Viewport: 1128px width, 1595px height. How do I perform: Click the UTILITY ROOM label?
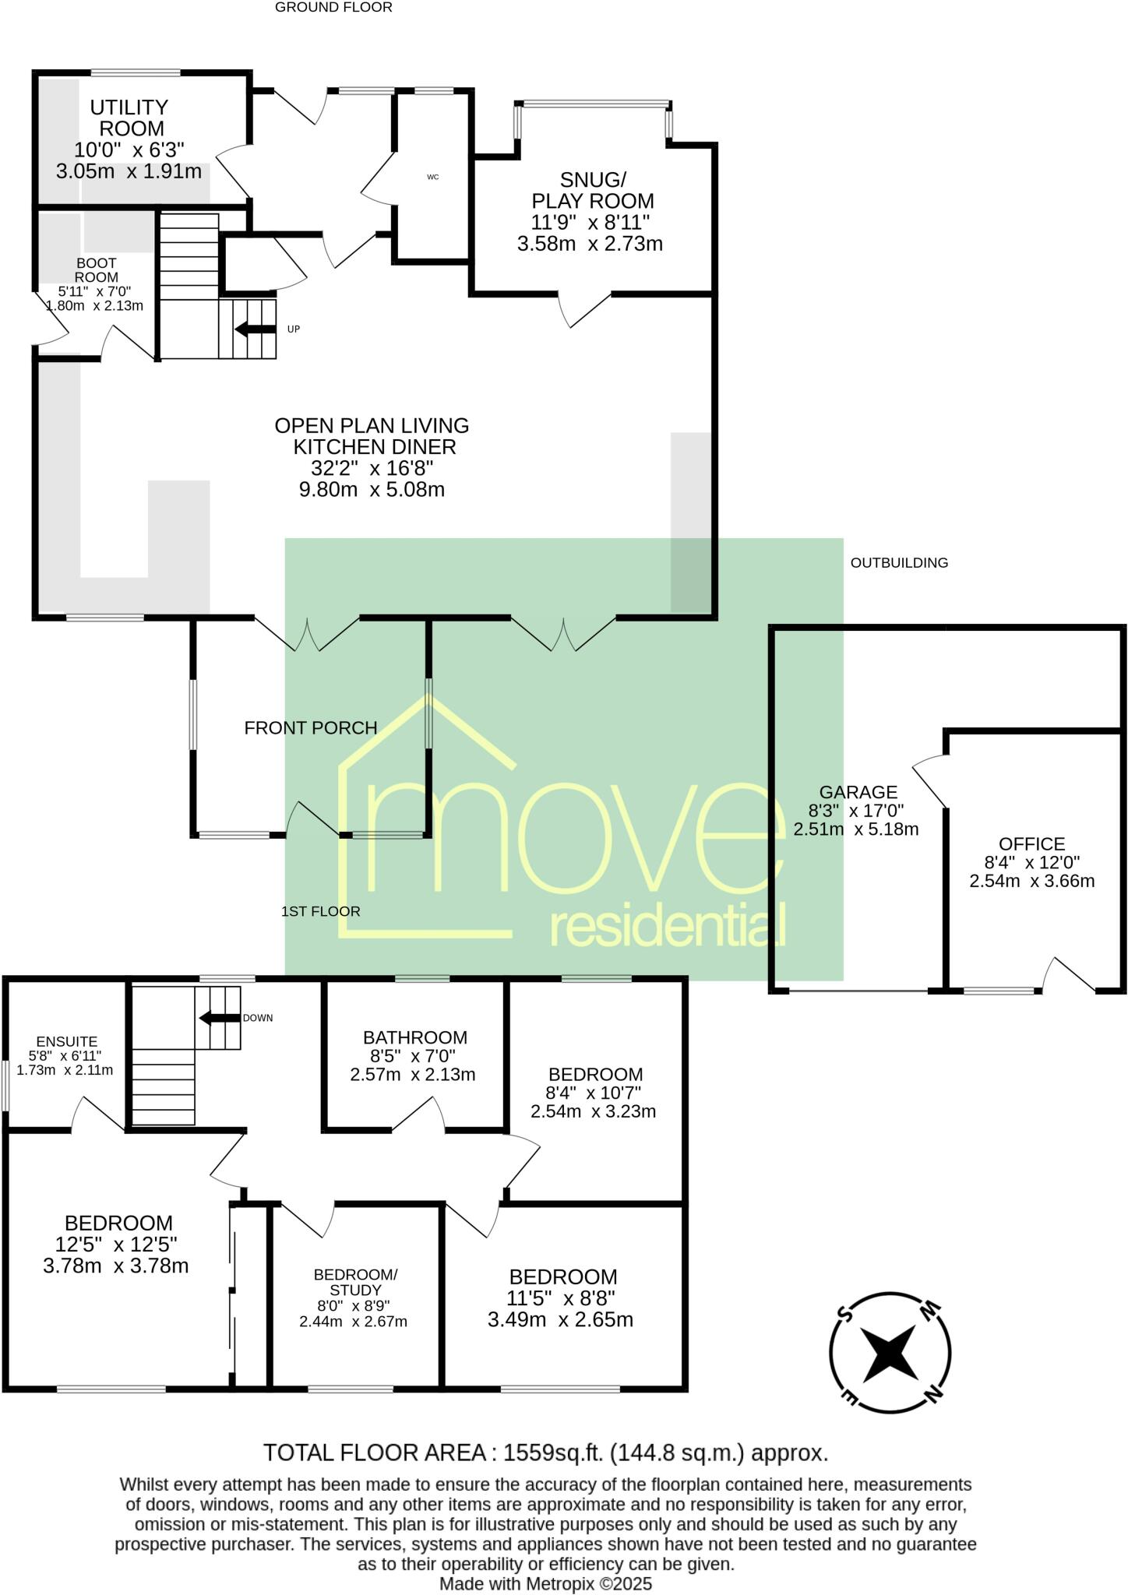pos(129,118)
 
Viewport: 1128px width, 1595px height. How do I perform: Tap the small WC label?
pos(433,178)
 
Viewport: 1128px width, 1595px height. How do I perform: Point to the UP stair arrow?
pos(254,329)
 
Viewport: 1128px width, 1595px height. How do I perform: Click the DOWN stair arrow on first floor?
pos(220,1017)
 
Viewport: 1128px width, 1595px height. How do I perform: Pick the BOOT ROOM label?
pos(97,270)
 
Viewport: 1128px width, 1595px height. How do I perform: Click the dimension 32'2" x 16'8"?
pos(372,468)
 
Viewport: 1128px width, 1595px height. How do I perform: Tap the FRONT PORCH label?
pos(311,727)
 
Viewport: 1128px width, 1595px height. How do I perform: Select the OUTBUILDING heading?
pos(899,562)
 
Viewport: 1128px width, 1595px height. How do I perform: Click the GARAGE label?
pos(858,792)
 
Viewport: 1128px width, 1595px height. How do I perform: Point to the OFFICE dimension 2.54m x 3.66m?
pos(1031,881)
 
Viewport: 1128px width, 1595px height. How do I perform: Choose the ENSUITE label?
pos(67,1041)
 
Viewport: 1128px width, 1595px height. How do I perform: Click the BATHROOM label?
pos(414,1037)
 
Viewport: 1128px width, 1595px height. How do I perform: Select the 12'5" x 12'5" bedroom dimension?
pos(116,1244)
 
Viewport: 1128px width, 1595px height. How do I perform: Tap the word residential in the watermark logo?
pos(668,926)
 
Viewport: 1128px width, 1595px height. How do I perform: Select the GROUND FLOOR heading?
pos(333,8)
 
